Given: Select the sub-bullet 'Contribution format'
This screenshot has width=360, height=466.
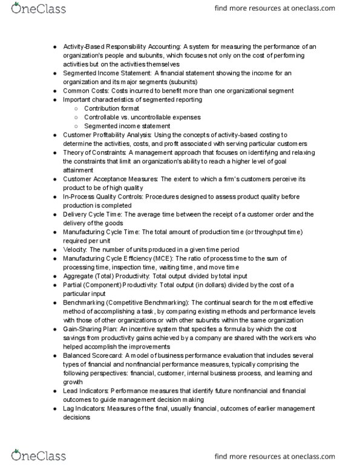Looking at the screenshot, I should [113, 108].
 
